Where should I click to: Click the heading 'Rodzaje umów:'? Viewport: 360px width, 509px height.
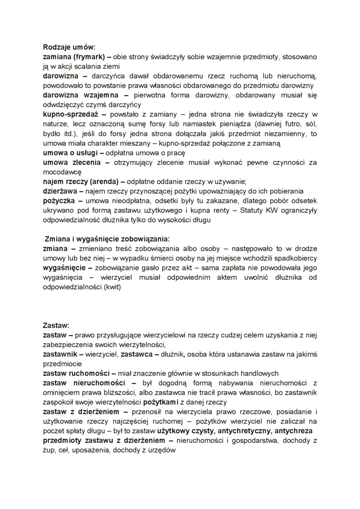tap(69, 47)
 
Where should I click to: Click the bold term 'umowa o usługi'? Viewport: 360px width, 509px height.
tap(67, 153)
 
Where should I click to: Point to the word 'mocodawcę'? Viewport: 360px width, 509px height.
tap(62, 172)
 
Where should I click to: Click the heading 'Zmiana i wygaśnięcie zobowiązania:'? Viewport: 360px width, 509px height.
tap(107, 239)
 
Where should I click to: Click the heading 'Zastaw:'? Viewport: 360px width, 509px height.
tap(56, 326)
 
